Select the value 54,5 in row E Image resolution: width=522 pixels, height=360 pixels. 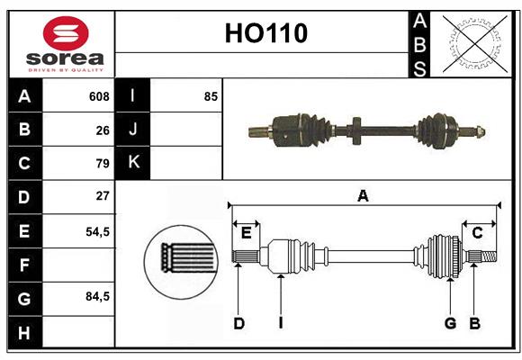97,230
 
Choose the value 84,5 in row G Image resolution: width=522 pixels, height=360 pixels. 97,296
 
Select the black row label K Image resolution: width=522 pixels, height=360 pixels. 133,163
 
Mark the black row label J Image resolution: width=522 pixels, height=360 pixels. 133,130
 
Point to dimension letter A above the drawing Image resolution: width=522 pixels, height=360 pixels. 363,195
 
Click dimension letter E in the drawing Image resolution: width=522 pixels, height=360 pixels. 246,232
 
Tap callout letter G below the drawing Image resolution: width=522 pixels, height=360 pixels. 450,323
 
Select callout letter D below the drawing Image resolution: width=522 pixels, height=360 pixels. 238,323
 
